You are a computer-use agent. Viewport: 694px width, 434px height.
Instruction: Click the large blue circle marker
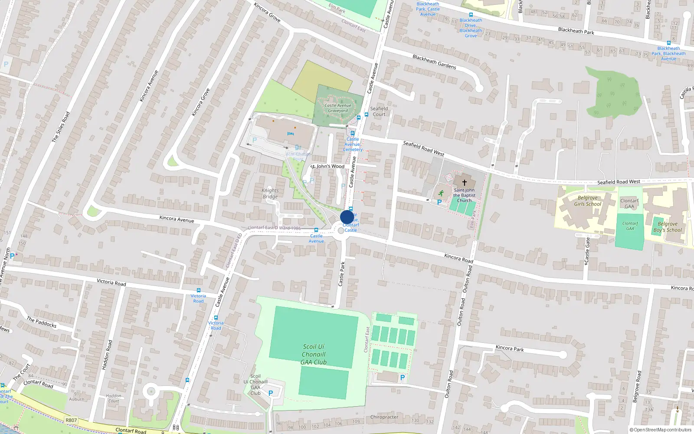(x=347, y=217)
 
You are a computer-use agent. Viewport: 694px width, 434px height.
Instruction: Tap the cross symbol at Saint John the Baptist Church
(x=464, y=183)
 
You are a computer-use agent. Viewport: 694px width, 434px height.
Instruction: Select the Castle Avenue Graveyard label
(x=338, y=108)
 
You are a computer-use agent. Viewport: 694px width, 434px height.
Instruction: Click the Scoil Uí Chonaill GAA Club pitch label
(x=314, y=354)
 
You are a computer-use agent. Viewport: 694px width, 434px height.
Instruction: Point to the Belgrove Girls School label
(x=588, y=201)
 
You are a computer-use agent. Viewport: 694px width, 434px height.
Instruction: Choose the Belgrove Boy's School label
(x=668, y=227)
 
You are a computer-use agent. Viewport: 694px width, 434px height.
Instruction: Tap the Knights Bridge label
(x=270, y=194)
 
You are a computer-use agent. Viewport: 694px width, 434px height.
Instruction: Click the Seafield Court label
(x=379, y=112)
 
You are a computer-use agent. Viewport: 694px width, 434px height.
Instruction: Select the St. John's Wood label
(x=327, y=166)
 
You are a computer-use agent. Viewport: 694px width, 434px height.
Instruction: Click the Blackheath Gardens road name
(x=434, y=62)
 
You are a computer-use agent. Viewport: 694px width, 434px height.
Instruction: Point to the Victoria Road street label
(x=111, y=282)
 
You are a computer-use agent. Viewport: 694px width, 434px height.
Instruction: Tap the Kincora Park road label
(x=510, y=348)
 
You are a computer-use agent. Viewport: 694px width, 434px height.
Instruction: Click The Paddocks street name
(x=42, y=322)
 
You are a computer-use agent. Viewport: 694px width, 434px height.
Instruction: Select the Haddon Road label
(x=107, y=355)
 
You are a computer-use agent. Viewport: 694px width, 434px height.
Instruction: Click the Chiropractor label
(x=384, y=417)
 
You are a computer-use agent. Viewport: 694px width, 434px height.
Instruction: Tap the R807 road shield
(x=71, y=420)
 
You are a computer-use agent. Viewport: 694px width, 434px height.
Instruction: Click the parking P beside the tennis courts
(x=402, y=378)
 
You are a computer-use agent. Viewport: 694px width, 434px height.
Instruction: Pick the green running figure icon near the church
(x=441, y=193)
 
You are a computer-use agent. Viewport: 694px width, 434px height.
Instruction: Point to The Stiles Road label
(x=61, y=127)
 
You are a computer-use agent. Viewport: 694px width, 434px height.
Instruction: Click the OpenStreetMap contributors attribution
(x=661, y=430)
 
